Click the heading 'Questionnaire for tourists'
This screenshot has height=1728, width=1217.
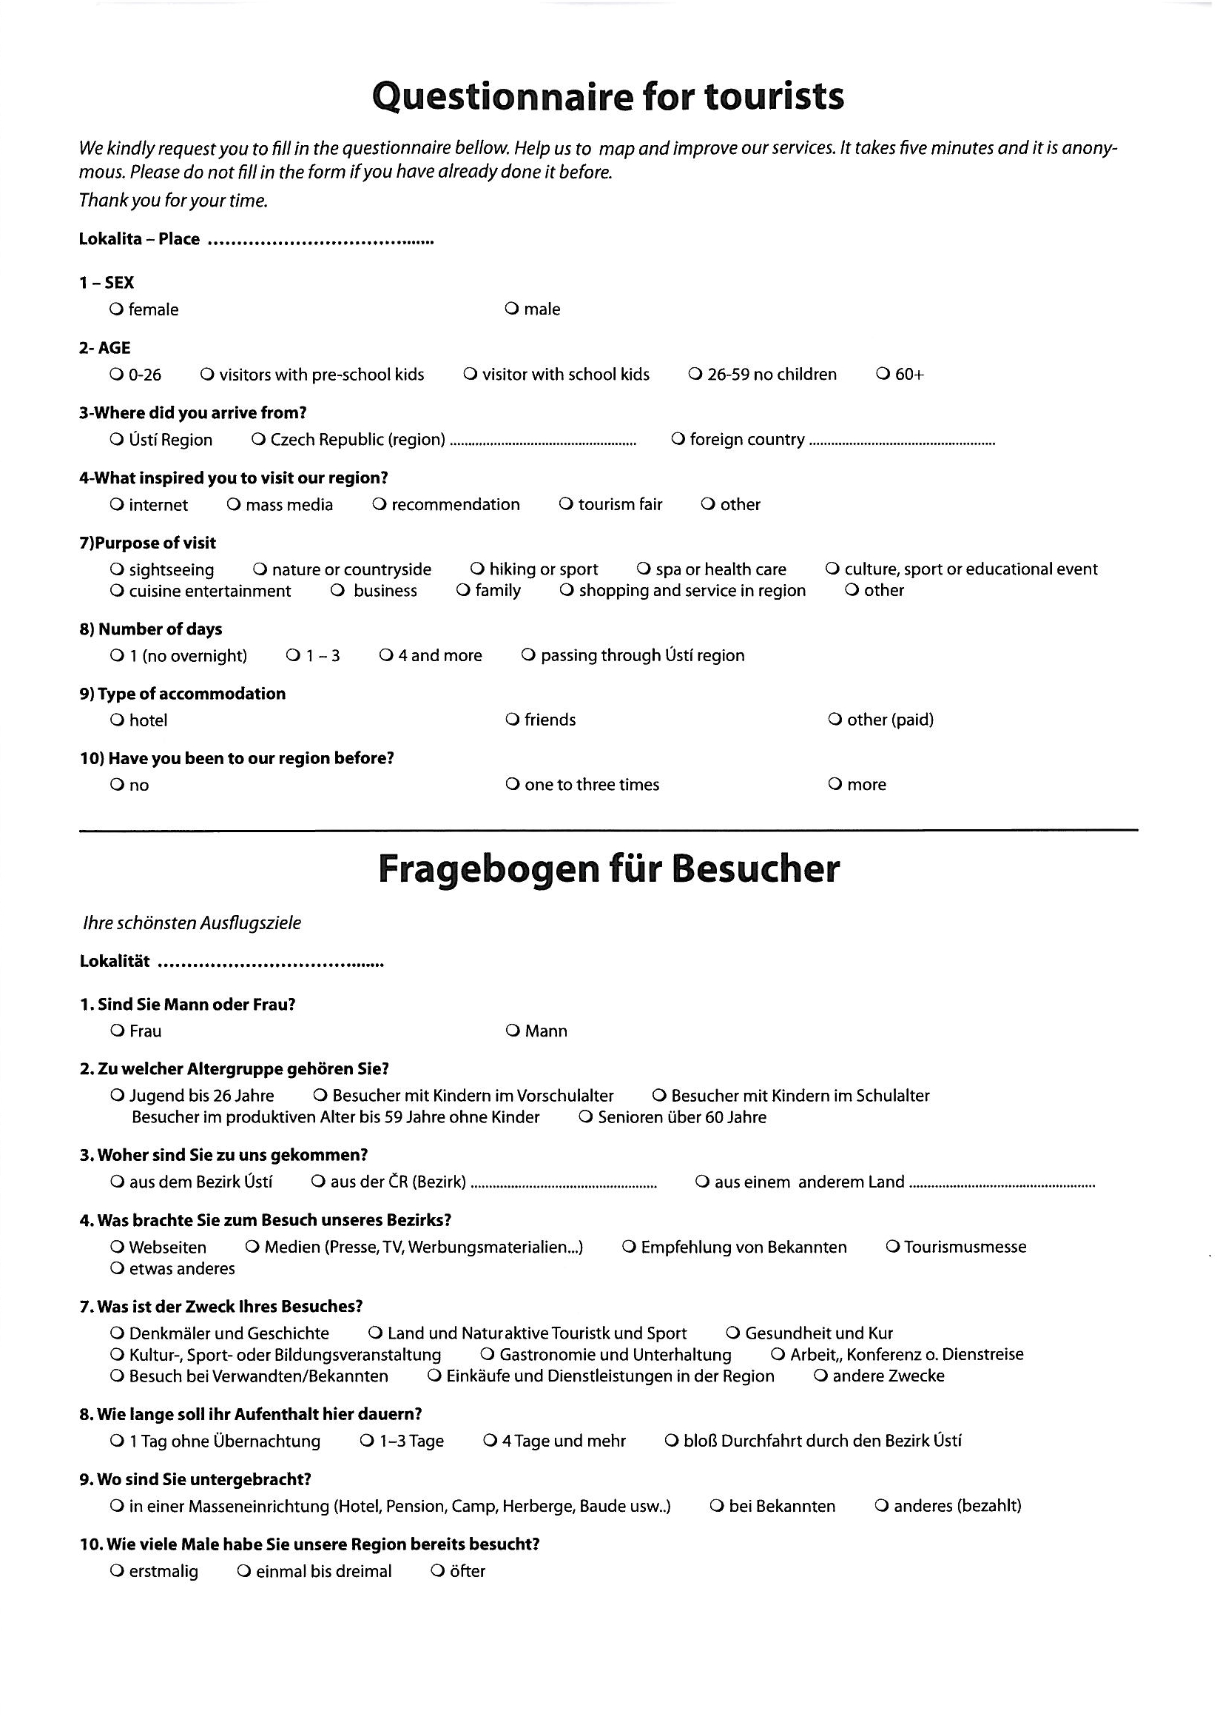coord(607,97)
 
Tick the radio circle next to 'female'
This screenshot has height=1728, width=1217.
coord(116,309)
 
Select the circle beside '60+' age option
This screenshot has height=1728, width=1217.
coord(883,374)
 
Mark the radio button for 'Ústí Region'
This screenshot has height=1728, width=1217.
coord(116,440)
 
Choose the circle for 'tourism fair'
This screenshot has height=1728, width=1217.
coord(566,504)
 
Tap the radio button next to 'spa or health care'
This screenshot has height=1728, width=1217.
coord(643,569)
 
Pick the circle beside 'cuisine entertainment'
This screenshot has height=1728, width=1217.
coord(116,591)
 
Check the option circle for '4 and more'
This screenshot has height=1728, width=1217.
coord(386,655)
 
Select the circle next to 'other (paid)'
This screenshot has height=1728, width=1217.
coord(835,720)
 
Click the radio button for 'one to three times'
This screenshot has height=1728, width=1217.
coord(512,785)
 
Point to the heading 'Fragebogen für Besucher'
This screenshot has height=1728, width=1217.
coord(607,869)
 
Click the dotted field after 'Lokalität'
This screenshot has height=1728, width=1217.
coord(271,964)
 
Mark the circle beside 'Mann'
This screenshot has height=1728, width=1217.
coord(512,1031)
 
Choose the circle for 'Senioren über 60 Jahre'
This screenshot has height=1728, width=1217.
coord(586,1117)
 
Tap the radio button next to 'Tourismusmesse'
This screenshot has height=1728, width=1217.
coord(892,1247)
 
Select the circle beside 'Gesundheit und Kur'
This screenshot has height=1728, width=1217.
coord(732,1333)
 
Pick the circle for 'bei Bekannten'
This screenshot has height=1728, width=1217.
coord(716,1506)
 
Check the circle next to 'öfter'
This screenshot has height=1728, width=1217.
coord(437,1572)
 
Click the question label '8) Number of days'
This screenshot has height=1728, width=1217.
coord(150,629)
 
